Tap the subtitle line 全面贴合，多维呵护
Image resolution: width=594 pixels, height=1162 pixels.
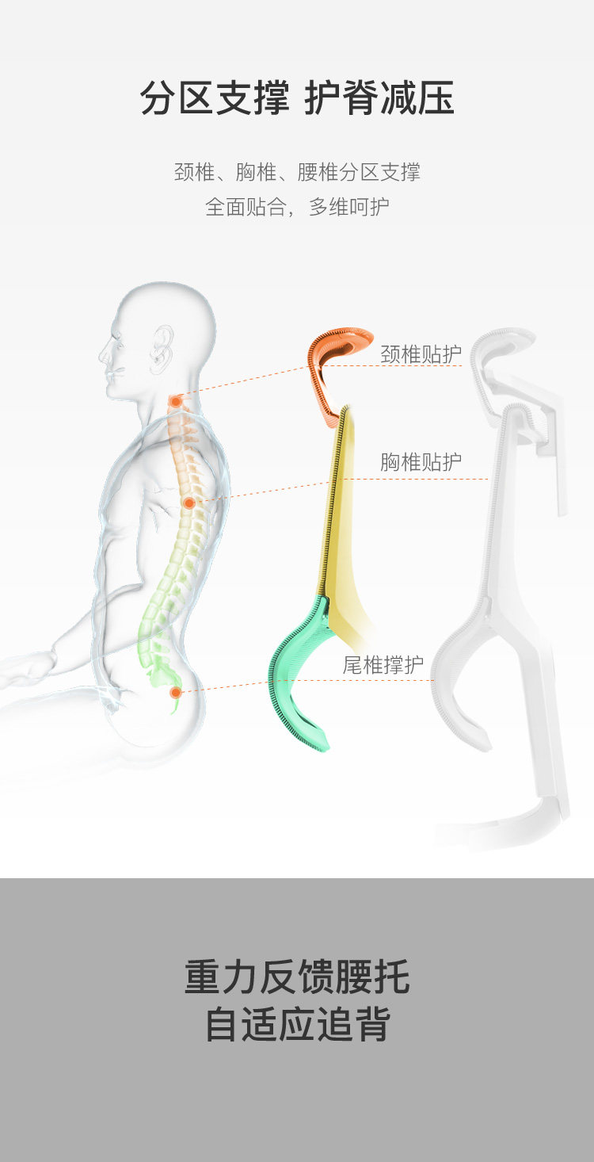coord(297,207)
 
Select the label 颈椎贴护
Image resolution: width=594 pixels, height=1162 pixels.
coord(421,354)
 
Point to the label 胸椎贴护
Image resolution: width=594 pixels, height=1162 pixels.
coord(421,461)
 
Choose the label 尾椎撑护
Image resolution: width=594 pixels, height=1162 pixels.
coord(383,665)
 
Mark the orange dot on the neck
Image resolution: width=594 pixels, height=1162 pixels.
coord(175,401)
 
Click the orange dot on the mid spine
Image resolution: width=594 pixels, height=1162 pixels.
coord(189,503)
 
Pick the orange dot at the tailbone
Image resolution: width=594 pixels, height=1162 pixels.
coord(176,692)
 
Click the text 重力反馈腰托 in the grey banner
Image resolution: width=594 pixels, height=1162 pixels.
coord(297,977)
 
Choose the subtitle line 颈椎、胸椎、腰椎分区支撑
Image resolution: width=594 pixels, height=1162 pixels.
coord(297,171)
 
